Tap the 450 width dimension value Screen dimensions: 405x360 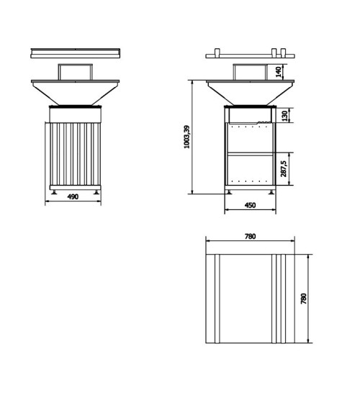(x=250, y=206)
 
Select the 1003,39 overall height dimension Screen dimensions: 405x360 (x=187, y=137)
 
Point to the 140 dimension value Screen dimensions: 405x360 (x=279, y=72)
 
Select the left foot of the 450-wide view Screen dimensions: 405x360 (x=231, y=191)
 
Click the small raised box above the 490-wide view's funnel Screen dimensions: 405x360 (x=74, y=72)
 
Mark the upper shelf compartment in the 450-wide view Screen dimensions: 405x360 (x=250, y=138)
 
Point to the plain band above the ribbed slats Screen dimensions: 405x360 (x=74, y=114)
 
